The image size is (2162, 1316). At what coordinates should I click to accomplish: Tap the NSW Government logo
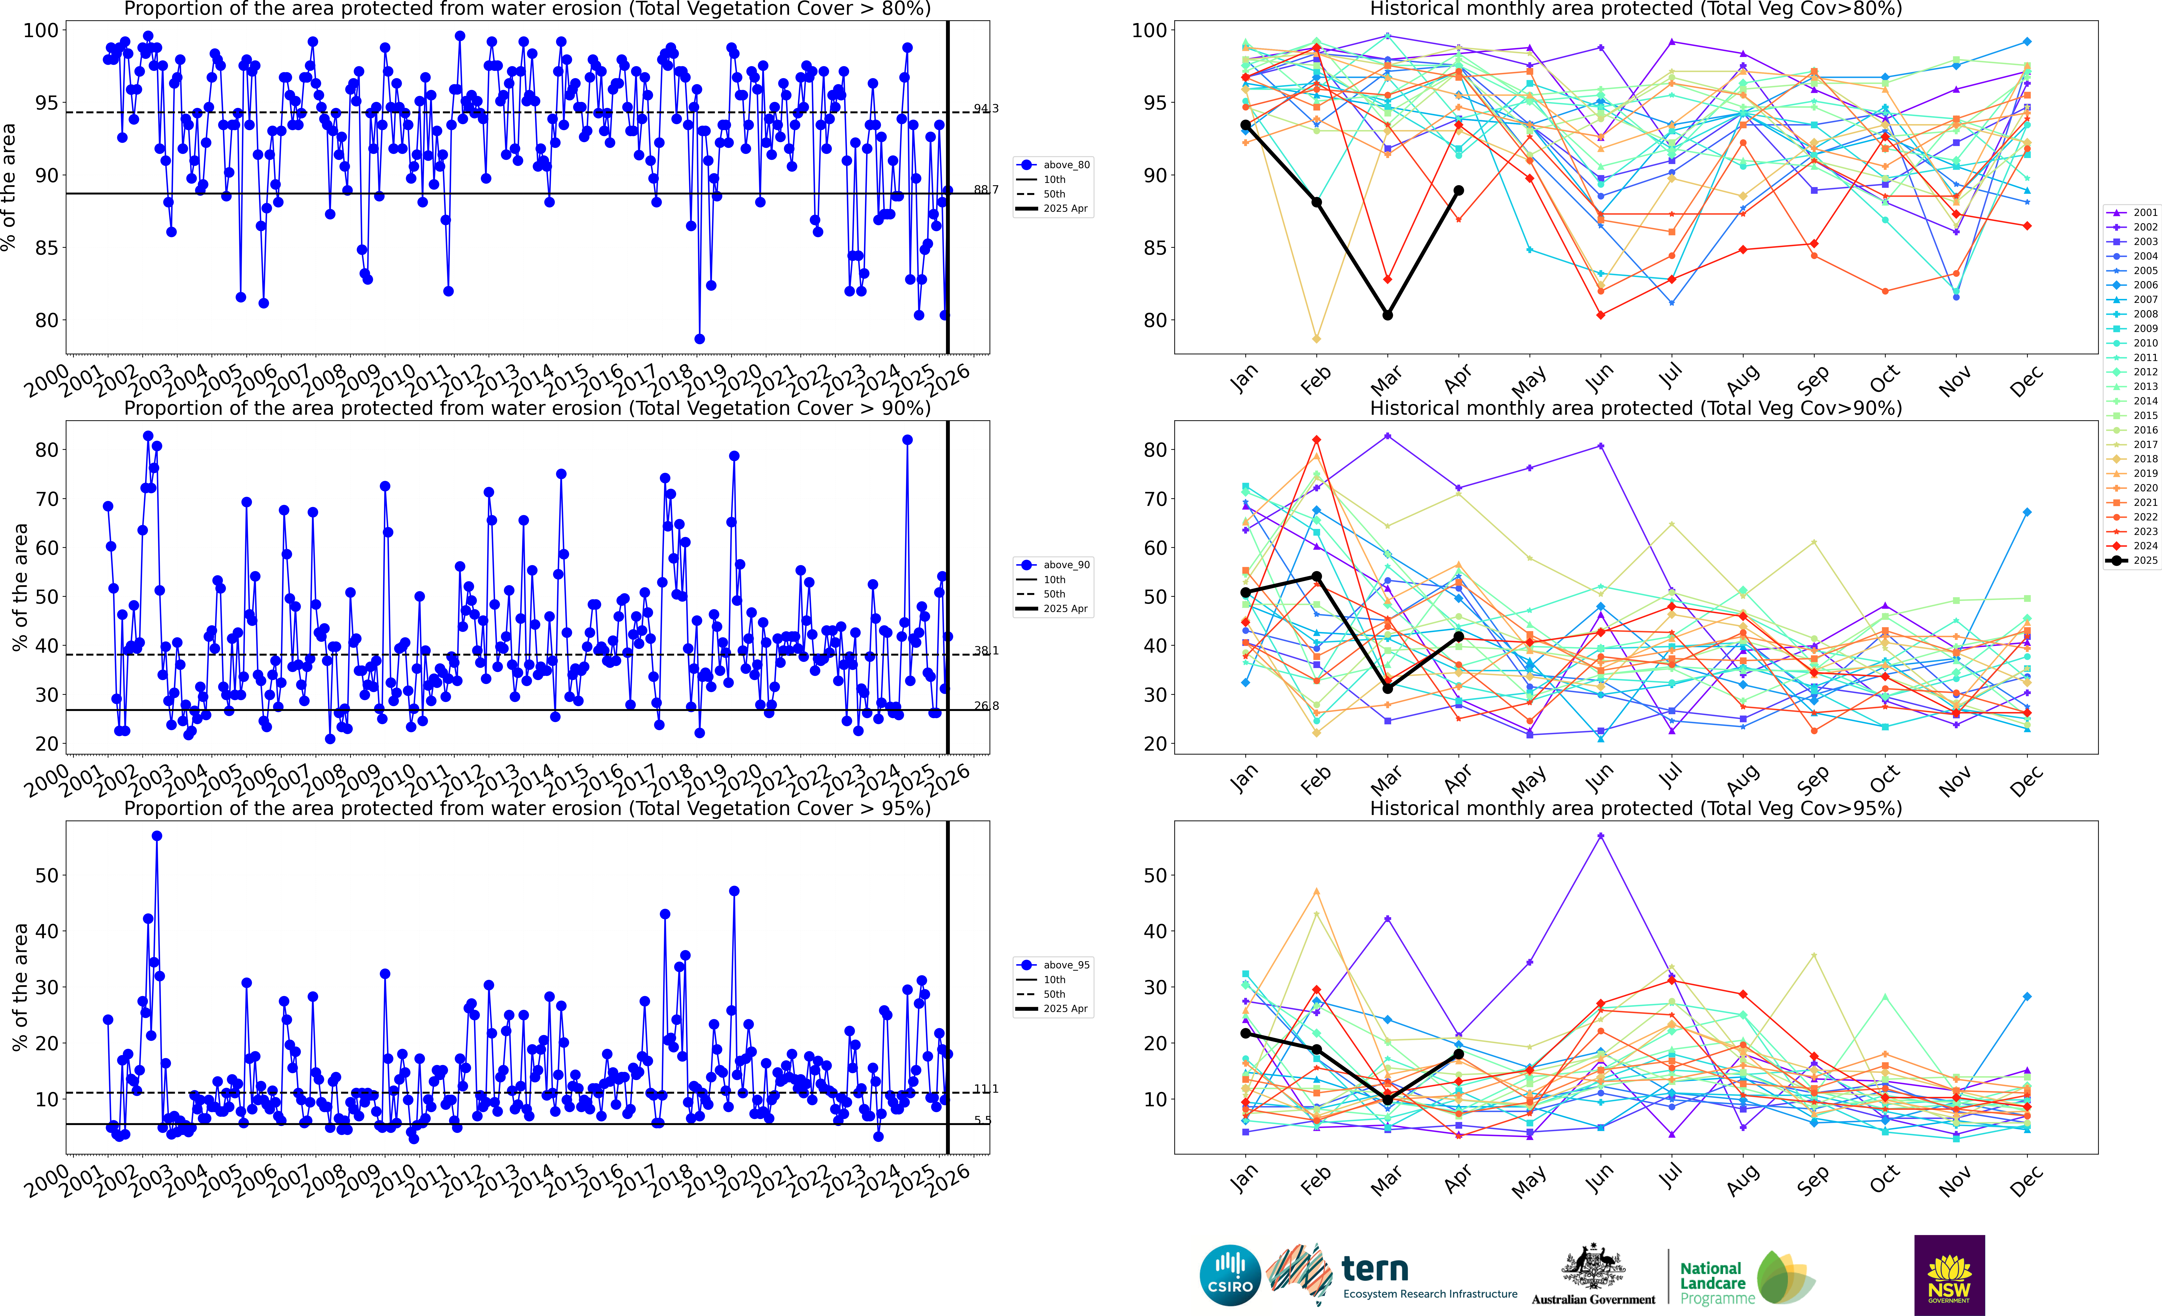click(x=1949, y=1275)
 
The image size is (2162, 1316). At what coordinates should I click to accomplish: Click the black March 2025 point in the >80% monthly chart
click(x=1387, y=315)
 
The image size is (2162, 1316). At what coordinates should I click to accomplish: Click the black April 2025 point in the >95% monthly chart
click(x=1458, y=1054)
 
